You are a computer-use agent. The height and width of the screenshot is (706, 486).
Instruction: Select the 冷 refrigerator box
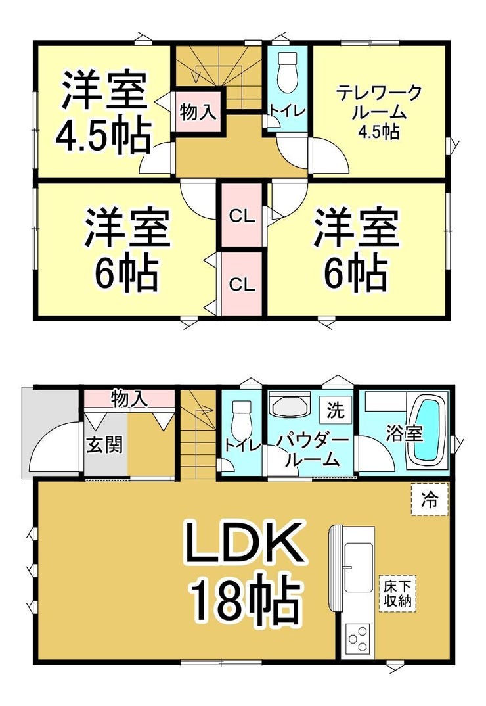coord(430,499)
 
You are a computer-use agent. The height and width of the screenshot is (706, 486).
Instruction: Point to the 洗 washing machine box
coord(335,410)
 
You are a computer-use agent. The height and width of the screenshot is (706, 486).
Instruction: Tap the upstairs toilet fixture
coord(287,72)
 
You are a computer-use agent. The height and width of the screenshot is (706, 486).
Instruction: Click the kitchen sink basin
coord(358,567)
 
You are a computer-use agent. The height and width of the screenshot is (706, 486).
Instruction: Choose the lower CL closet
coord(242,284)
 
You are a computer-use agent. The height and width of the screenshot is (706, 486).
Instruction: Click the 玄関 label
coord(104,445)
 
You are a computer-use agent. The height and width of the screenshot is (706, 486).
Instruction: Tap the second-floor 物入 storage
coord(198,111)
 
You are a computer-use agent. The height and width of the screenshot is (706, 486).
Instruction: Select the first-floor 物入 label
coord(129,398)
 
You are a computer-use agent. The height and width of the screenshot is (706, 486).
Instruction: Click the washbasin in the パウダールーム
coord(290,405)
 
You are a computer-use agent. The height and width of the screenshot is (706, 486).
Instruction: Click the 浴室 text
coord(405,434)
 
